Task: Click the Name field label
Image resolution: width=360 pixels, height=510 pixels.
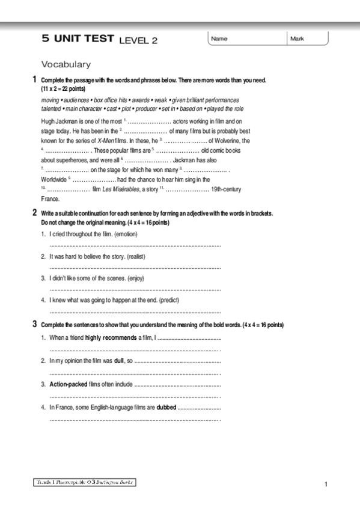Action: (219, 39)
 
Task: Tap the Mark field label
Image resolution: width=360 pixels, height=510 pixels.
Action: (297, 39)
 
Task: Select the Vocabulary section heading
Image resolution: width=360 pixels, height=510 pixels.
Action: (66, 64)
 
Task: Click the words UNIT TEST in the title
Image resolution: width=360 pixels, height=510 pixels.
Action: (84, 38)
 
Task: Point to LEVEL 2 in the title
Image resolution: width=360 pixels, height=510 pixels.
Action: (138, 40)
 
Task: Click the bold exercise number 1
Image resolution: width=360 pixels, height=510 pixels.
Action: (34, 79)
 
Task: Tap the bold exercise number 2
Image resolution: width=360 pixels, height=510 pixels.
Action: (34, 212)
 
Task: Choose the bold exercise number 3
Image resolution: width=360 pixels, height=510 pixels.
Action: (34, 325)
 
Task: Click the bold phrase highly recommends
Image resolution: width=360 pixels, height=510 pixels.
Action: (111, 338)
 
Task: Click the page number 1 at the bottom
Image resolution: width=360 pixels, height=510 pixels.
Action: (325, 484)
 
